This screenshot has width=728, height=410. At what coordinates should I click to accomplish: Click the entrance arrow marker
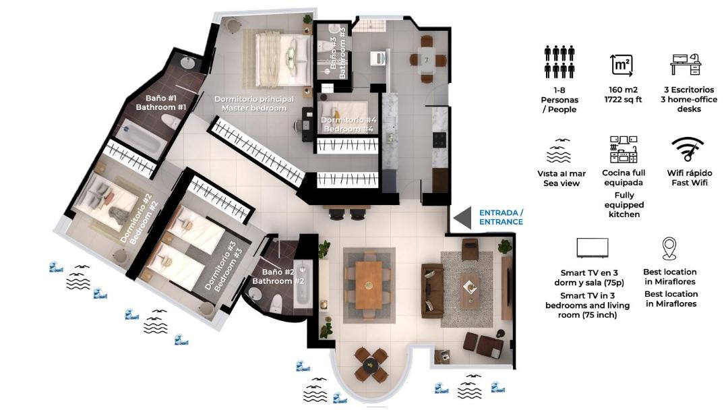tap(464, 218)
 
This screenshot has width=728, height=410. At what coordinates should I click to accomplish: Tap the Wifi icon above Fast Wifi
tap(688, 148)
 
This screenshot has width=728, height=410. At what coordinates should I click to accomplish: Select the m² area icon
tap(621, 65)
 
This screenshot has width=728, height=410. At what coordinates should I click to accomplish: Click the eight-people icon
tap(559, 61)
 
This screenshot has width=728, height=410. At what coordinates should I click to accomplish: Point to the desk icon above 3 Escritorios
tap(686, 63)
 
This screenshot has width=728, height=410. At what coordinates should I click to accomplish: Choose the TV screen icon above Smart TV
tap(592, 248)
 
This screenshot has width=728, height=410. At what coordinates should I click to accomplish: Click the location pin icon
tap(669, 248)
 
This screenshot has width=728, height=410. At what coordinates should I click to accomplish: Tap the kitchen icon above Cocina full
tap(624, 149)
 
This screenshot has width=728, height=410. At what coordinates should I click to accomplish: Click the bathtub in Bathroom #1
tap(140, 138)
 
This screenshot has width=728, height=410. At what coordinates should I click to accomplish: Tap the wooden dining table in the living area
tap(369, 284)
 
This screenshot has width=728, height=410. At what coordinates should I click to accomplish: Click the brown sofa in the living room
tap(432, 291)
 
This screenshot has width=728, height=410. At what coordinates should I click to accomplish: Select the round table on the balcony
tap(371, 365)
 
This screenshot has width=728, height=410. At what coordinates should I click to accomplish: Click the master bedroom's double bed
tap(282, 59)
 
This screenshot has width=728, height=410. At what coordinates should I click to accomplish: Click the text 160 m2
tap(623, 90)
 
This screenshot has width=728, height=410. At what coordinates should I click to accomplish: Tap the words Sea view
tap(562, 183)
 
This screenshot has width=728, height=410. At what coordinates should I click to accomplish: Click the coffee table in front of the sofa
tap(469, 291)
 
